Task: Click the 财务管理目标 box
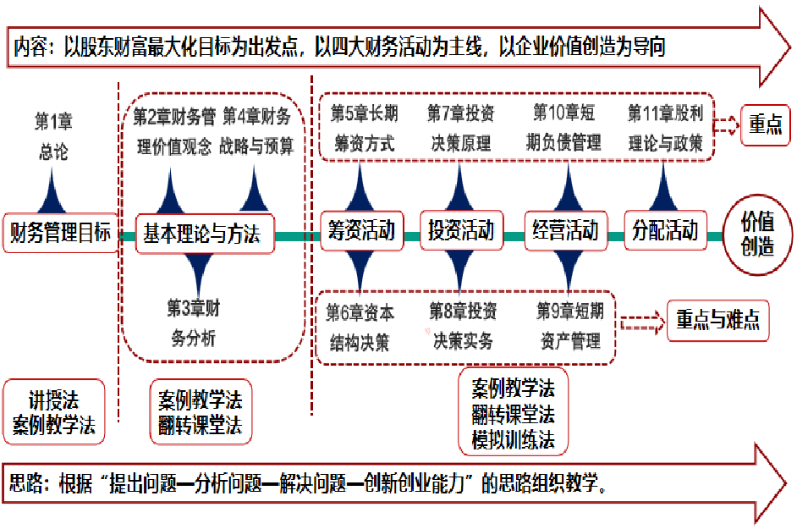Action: pyautogui.click(x=60, y=233)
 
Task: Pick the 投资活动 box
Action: pyautogui.click(x=460, y=231)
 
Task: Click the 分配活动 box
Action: pyautogui.click(x=665, y=231)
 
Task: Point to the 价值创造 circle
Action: pyautogui.click(x=757, y=234)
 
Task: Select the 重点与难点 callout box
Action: pyautogui.click(x=717, y=320)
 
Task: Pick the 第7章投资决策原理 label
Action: pyautogui.click(x=460, y=128)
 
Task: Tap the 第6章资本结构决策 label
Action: pyautogui.click(x=360, y=328)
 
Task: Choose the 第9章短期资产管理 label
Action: pyautogui.click(x=569, y=327)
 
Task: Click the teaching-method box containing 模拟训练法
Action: pyautogui.click(x=513, y=415)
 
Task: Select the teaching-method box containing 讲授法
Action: pyautogui.click(x=53, y=411)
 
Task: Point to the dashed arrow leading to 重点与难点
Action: pyautogui.click(x=642, y=322)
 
